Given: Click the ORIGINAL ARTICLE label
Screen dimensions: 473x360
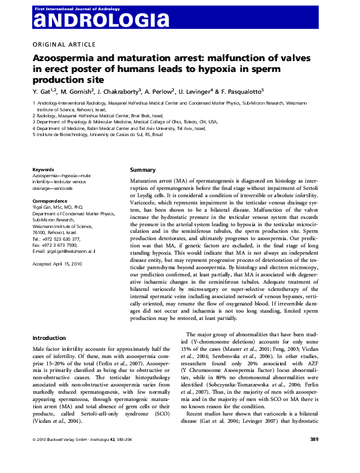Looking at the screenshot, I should pyautogui.click(x=64, y=44).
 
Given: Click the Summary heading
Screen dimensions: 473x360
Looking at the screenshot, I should pyautogui.click(x=143, y=169).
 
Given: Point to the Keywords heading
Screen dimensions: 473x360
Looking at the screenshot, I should pyautogui.click(x=44, y=170).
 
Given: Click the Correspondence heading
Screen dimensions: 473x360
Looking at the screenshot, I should pyautogui.click(x=50, y=200).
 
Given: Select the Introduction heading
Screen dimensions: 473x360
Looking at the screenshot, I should pyautogui.click(x=49, y=338).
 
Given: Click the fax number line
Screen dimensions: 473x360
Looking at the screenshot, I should pyautogui.click(x=55, y=244).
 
